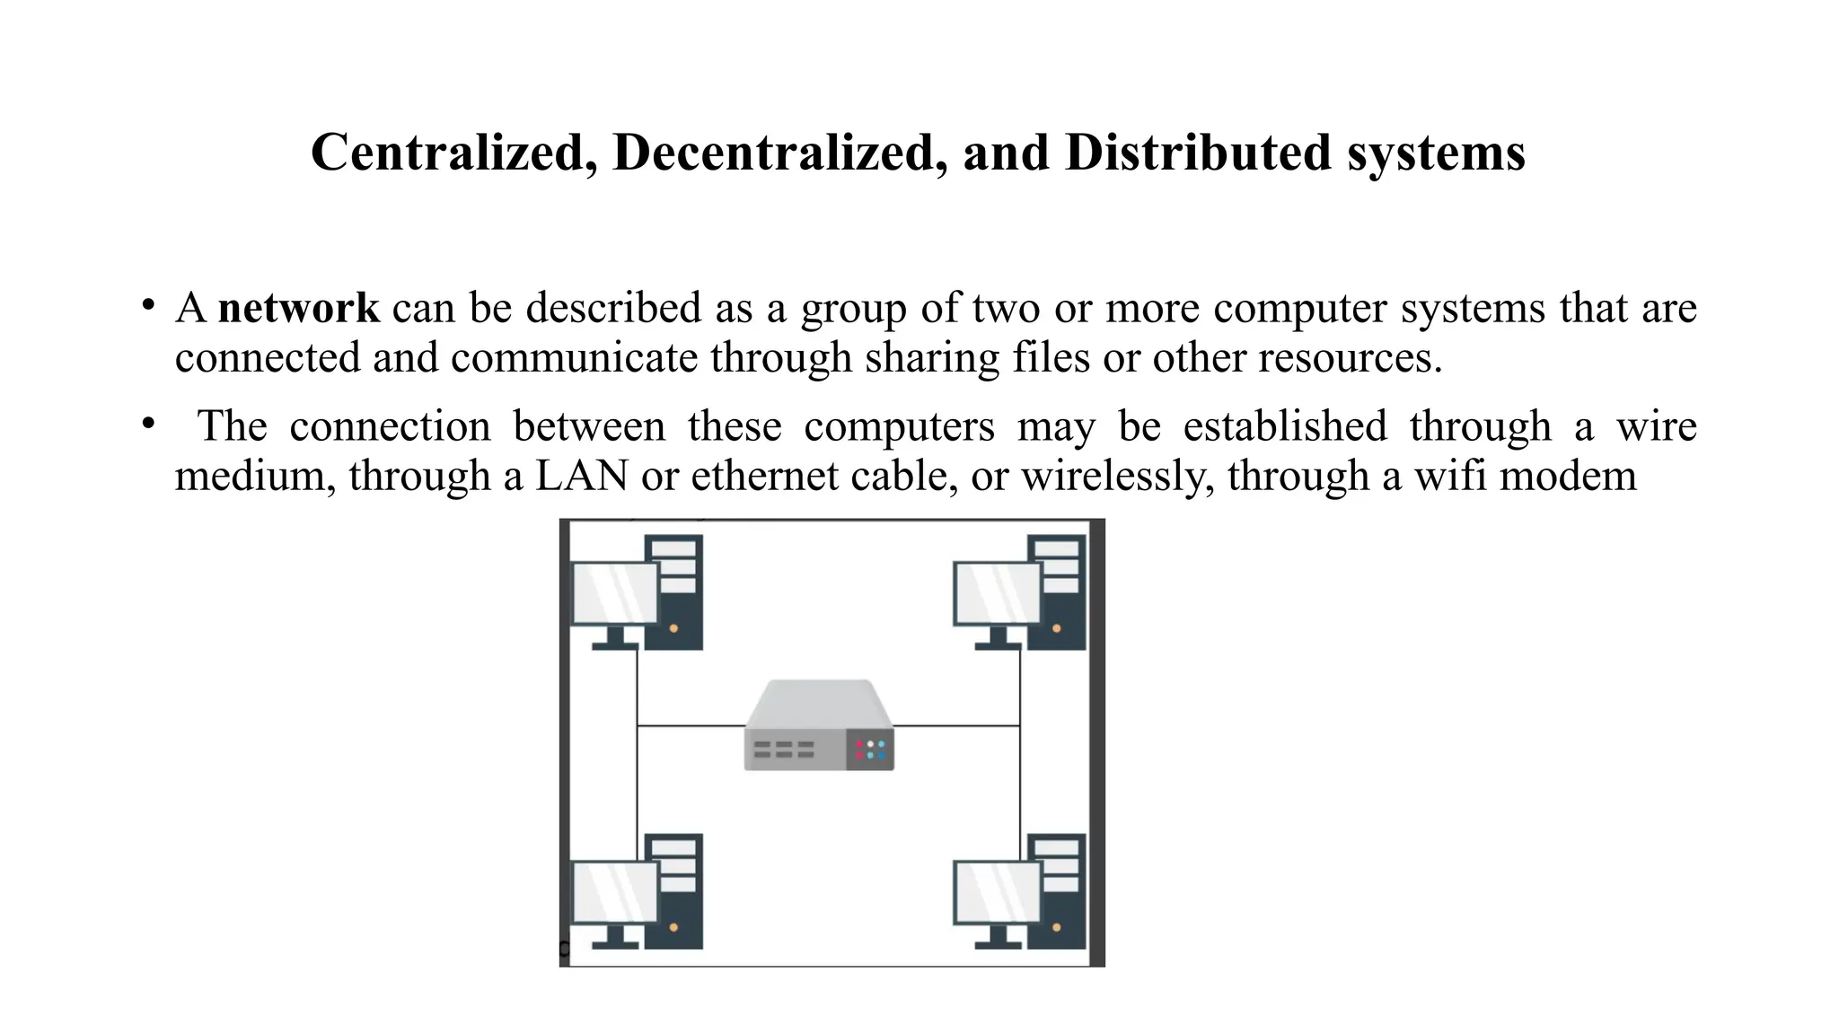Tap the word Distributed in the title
pos(1198,152)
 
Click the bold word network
pos(298,308)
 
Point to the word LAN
pos(581,475)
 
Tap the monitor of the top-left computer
pos(615,592)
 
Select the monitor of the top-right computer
pos(997,592)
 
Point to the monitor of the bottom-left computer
pos(615,891)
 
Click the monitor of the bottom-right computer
pos(997,891)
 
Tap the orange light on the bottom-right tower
pos(1056,927)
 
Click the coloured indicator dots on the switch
pos(869,749)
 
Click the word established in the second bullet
pos(1285,425)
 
